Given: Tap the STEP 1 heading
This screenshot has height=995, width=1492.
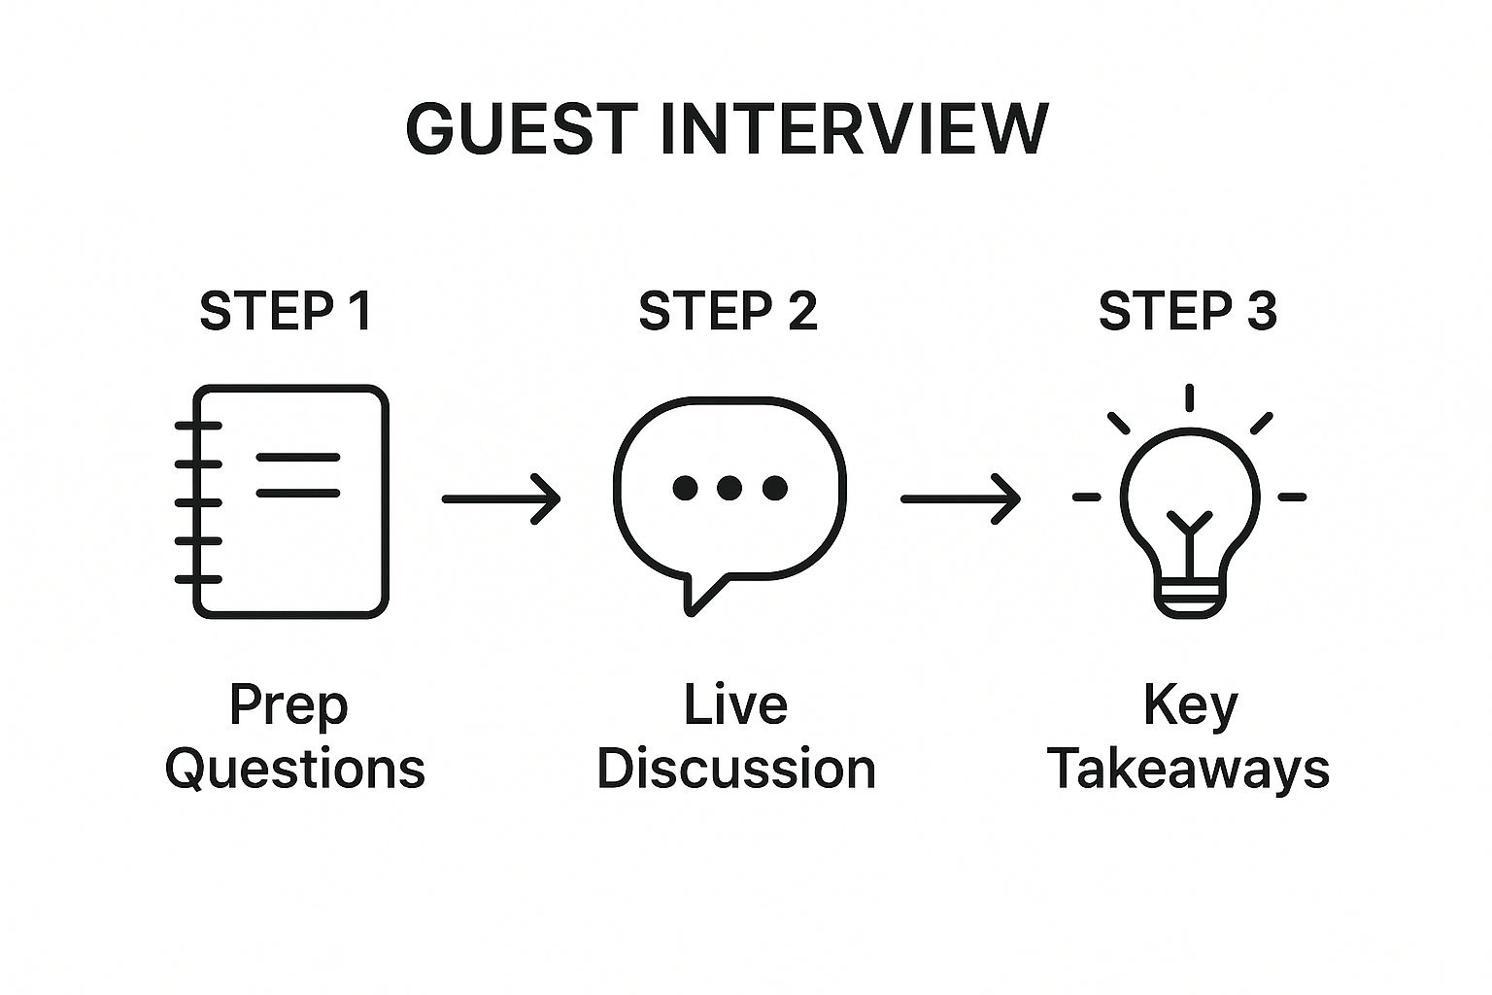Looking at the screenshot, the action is pyautogui.click(x=286, y=311).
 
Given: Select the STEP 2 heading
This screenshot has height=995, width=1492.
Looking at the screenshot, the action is pyautogui.click(x=728, y=311).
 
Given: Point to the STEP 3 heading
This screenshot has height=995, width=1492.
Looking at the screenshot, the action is pyautogui.click(x=1188, y=311).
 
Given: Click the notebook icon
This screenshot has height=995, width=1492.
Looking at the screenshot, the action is pyautogui.click(x=197, y=501).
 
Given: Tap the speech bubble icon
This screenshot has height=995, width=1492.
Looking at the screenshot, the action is pyautogui.click(x=615, y=487).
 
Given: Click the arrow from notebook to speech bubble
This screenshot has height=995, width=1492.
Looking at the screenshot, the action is pyautogui.click(x=501, y=498).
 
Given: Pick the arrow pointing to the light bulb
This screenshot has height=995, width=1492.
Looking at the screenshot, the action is pyautogui.click(x=961, y=498).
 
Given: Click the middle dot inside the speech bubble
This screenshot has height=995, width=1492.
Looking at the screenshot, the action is pyautogui.click(x=729, y=488).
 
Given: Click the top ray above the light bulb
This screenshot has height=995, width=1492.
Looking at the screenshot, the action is pyautogui.click(x=1190, y=397).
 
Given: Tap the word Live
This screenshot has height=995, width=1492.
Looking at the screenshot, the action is pyautogui.click(x=736, y=705).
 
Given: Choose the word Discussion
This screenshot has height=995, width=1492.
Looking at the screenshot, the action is pyautogui.click(x=736, y=769).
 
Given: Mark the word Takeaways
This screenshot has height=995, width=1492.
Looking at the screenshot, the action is pyautogui.click(x=1189, y=771).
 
